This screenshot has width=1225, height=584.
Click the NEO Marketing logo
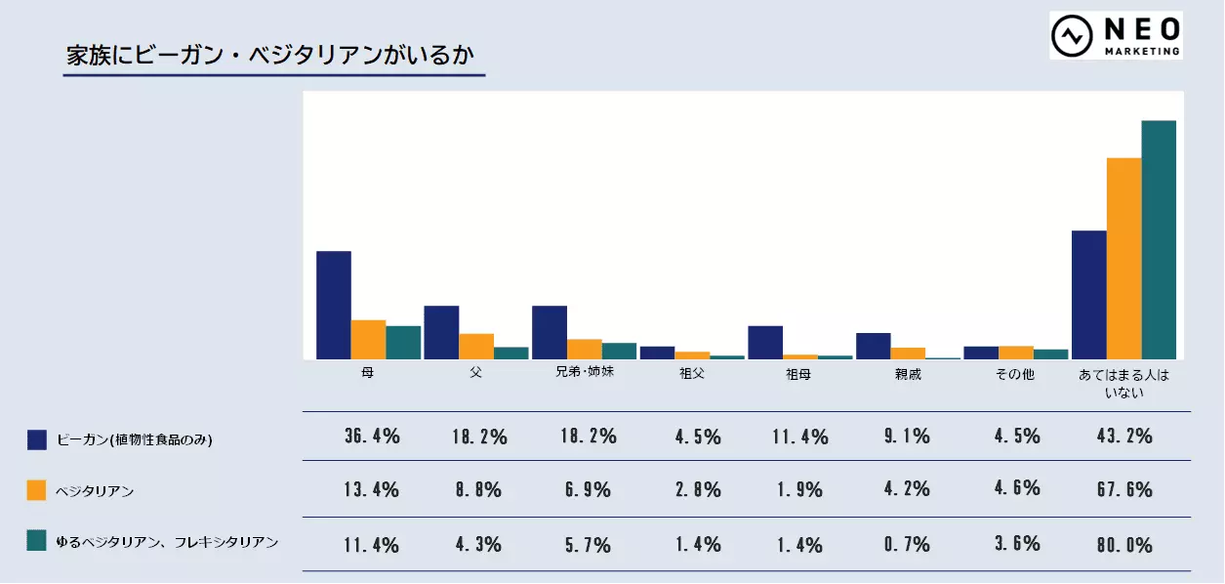pos(1116,36)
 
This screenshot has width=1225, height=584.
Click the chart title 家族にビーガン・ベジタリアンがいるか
pos(273,55)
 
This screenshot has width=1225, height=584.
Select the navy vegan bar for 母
pos(334,305)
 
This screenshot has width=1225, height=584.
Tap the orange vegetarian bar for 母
pos(369,339)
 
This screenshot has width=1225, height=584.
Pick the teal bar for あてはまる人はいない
pos(1159,239)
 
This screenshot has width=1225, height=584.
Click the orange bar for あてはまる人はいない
pos(1123,258)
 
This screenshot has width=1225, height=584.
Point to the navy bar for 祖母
pos(765,342)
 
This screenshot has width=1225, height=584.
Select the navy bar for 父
pos(441,332)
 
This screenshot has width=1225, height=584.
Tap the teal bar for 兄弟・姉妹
pos(619,351)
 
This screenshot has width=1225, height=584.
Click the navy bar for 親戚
pos(873,346)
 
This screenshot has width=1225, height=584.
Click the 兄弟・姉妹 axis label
pos(584,373)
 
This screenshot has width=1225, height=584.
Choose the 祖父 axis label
pos(691,374)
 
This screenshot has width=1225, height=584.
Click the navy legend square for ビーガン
pos(37,439)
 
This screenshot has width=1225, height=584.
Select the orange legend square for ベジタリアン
pos(37,490)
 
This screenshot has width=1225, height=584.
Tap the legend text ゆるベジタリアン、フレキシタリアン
pos(167,542)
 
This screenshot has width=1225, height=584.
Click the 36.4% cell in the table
pos(372,437)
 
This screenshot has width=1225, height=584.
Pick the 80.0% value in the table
pos(1124,544)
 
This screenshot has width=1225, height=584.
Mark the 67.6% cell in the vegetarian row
pos(1124,489)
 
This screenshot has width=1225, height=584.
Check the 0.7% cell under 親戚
pos(908,544)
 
